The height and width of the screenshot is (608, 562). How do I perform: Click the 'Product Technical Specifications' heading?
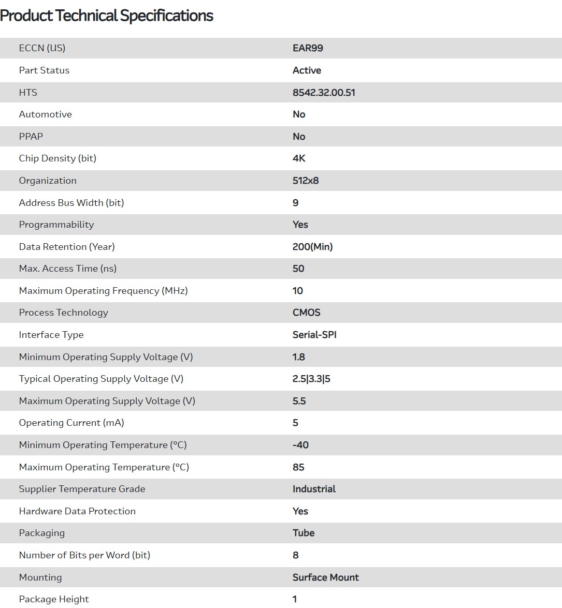pos(107,16)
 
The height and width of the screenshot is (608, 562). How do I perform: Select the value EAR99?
pos(308,48)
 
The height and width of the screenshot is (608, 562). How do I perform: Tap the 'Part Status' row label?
pos(44,70)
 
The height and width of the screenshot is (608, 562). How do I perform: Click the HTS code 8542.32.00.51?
pos(324,93)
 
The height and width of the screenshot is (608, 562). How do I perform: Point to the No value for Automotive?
pos(299,114)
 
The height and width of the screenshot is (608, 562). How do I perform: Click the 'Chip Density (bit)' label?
pos(57,158)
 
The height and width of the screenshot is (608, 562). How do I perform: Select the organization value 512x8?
pos(306,181)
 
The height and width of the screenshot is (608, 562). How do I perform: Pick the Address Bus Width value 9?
pos(296,203)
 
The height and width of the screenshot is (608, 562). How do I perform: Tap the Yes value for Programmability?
pos(300,225)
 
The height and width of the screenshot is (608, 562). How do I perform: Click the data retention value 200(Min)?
pos(312,247)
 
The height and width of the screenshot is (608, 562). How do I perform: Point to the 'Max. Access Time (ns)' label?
pos(68,269)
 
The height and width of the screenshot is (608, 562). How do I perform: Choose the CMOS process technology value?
pos(307,313)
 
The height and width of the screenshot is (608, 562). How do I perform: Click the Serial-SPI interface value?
pos(314,335)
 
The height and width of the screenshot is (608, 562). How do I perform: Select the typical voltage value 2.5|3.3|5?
pos(311,379)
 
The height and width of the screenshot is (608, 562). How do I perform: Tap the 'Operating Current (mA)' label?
pos(71,423)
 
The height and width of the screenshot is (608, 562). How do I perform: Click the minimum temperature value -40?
pos(300,445)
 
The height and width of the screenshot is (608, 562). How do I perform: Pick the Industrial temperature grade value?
pos(314,489)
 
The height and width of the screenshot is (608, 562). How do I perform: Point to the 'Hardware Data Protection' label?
pos(77,511)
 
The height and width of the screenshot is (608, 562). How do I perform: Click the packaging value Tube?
pos(304,533)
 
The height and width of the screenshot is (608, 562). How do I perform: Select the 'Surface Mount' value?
pos(326,577)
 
